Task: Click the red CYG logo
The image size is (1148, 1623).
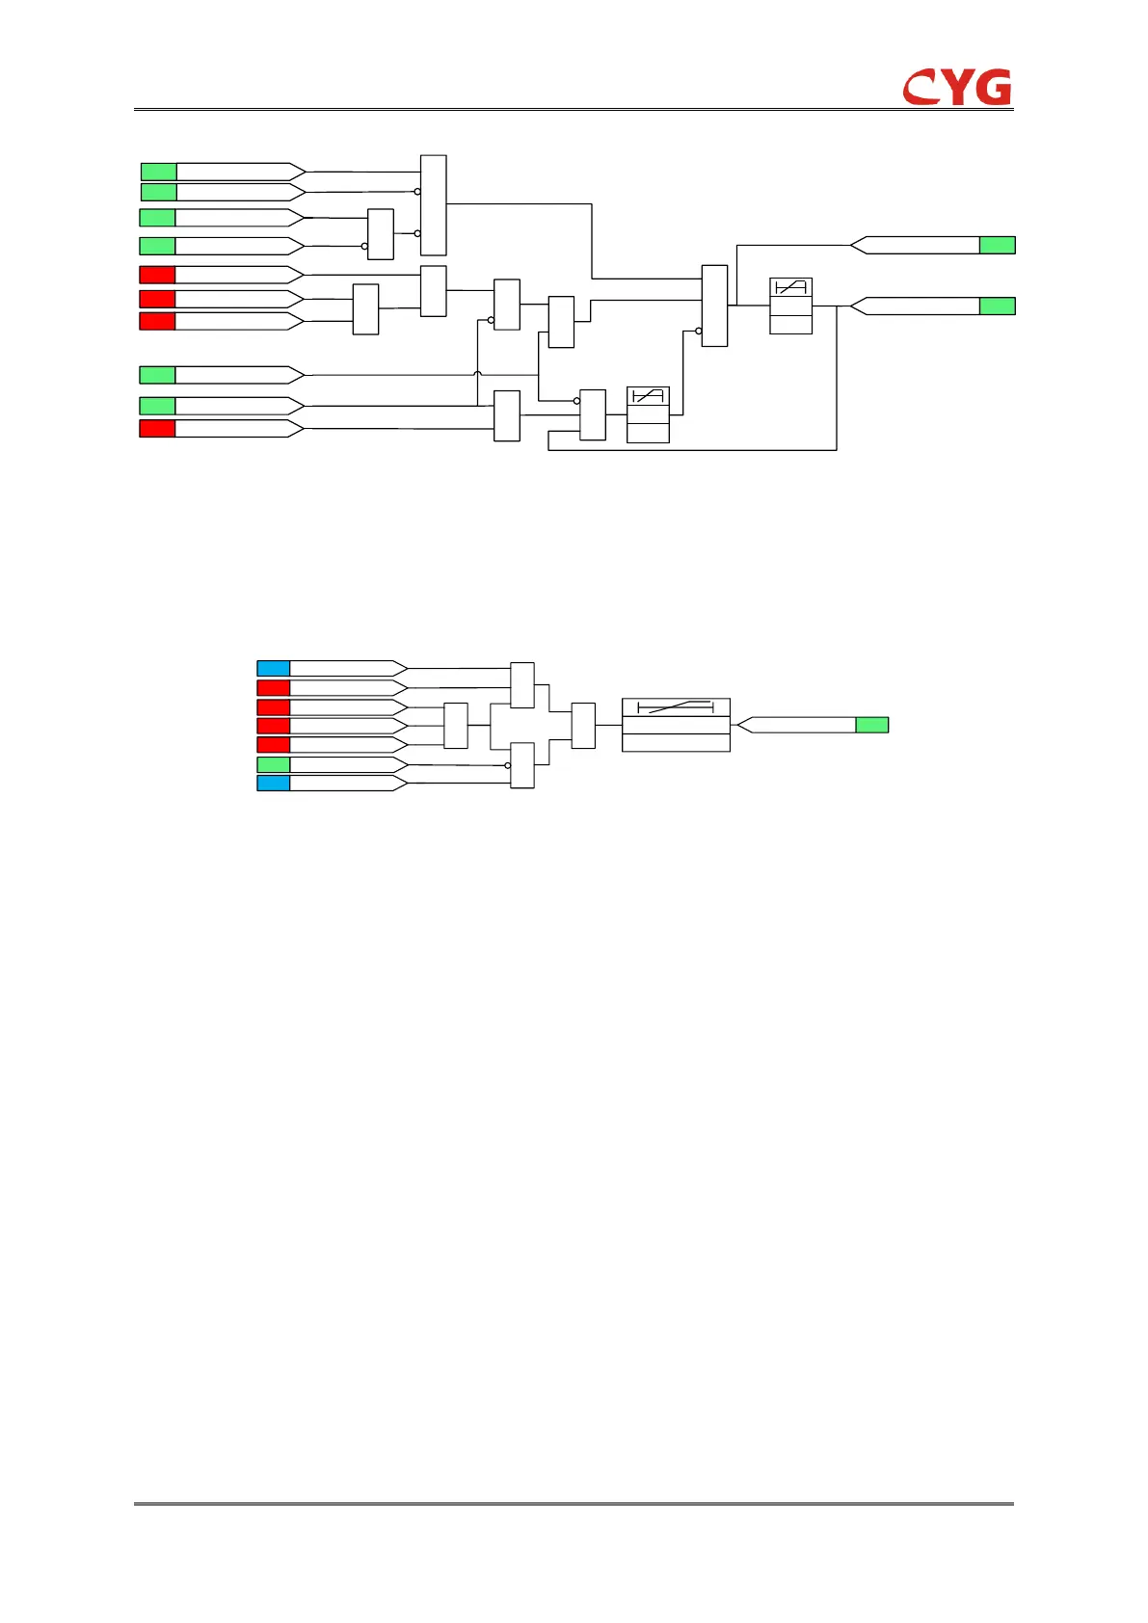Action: [x=957, y=87]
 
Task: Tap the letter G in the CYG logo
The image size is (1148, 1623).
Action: [x=992, y=87]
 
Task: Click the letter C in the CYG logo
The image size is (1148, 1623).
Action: [x=921, y=88]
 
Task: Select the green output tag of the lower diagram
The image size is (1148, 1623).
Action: [x=871, y=725]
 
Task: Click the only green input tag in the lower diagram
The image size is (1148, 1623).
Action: [x=274, y=764]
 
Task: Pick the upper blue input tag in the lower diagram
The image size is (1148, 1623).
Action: [x=274, y=668]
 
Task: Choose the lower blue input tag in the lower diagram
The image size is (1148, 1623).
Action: [x=274, y=783]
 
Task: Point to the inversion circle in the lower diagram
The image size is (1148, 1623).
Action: [x=507, y=765]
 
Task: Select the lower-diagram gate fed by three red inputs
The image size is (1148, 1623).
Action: [x=455, y=726]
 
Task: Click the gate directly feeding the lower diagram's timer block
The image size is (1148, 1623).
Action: [x=583, y=726]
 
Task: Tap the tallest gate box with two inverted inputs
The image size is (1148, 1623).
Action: [x=434, y=204]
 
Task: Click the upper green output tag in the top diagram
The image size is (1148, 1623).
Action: [x=997, y=245]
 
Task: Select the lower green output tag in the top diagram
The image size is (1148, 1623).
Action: [x=997, y=306]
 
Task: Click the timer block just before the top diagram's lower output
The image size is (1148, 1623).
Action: [x=790, y=306]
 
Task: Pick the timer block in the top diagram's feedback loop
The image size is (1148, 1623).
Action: [x=648, y=414]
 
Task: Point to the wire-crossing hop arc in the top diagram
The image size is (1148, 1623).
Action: [x=478, y=374]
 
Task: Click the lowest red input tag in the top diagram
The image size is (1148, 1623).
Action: [x=157, y=428]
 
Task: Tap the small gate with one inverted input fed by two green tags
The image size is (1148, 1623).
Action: [x=381, y=234]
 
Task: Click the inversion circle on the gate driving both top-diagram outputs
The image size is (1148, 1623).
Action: [x=699, y=332]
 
